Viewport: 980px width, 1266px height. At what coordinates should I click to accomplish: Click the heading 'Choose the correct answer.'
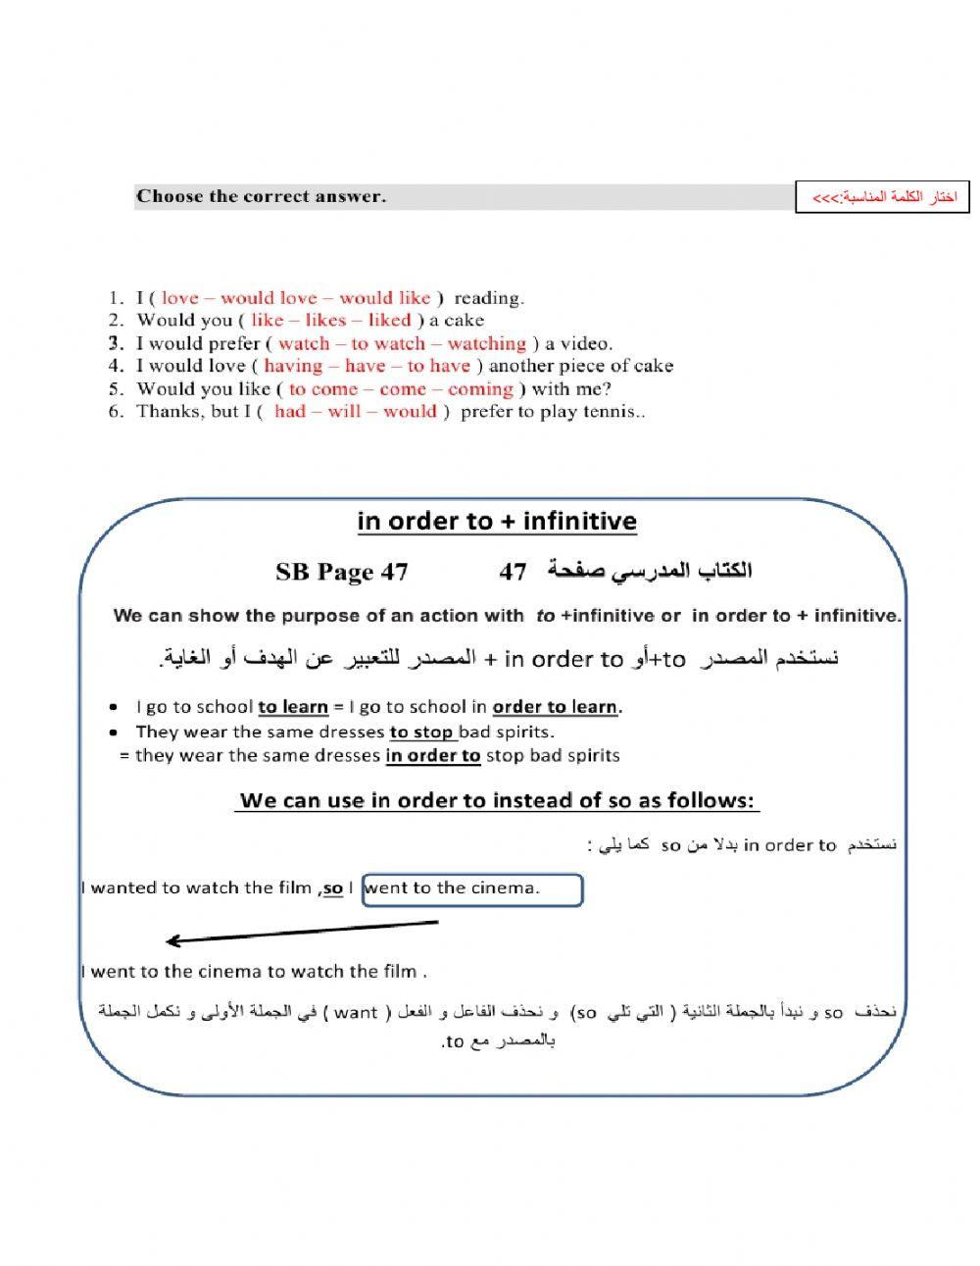pos(262,196)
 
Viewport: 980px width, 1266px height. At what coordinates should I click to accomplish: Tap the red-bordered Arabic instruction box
pos(883,197)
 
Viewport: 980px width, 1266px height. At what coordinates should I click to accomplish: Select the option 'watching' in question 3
pos(486,343)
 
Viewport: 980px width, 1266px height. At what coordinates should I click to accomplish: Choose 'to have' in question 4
pos(438,366)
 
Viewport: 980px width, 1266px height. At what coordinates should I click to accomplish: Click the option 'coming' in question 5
pos(480,388)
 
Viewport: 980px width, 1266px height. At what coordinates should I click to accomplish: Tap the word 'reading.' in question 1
pos(488,297)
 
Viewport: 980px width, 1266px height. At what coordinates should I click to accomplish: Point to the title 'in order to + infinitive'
pos(497,521)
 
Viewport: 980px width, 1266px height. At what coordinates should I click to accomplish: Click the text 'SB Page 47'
pos(342,572)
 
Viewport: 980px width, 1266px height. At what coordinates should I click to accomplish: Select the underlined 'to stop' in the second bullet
pos(422,732)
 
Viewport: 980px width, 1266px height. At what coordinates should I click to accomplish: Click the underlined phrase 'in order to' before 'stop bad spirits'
pos(433,755)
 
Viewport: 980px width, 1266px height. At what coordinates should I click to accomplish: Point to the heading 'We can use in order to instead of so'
pos(498,800)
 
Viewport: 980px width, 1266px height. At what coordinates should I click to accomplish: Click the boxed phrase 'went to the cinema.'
pos(472,888)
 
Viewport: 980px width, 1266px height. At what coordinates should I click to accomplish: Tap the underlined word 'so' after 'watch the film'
pos(333,888)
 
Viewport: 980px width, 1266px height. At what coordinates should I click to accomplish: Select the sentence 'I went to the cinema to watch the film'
pos(254,972)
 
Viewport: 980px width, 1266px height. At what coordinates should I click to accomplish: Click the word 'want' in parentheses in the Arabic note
pos(356,1013)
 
